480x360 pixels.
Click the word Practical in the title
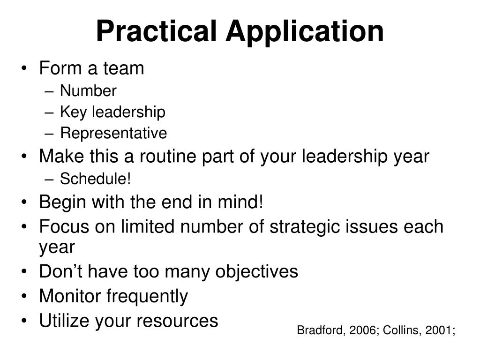coord(157,32)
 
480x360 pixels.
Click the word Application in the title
coord(305,32)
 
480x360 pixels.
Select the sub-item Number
coord(88,91)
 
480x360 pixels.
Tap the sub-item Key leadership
coord(112,112)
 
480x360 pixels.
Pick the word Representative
coord(113,134)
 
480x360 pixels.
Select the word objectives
coord(256,271)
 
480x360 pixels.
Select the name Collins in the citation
coord(398,330)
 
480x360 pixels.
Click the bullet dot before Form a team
coord(24,69)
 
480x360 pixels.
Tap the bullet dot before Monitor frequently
coord(24,297)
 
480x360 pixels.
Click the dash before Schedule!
coord(52,179)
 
